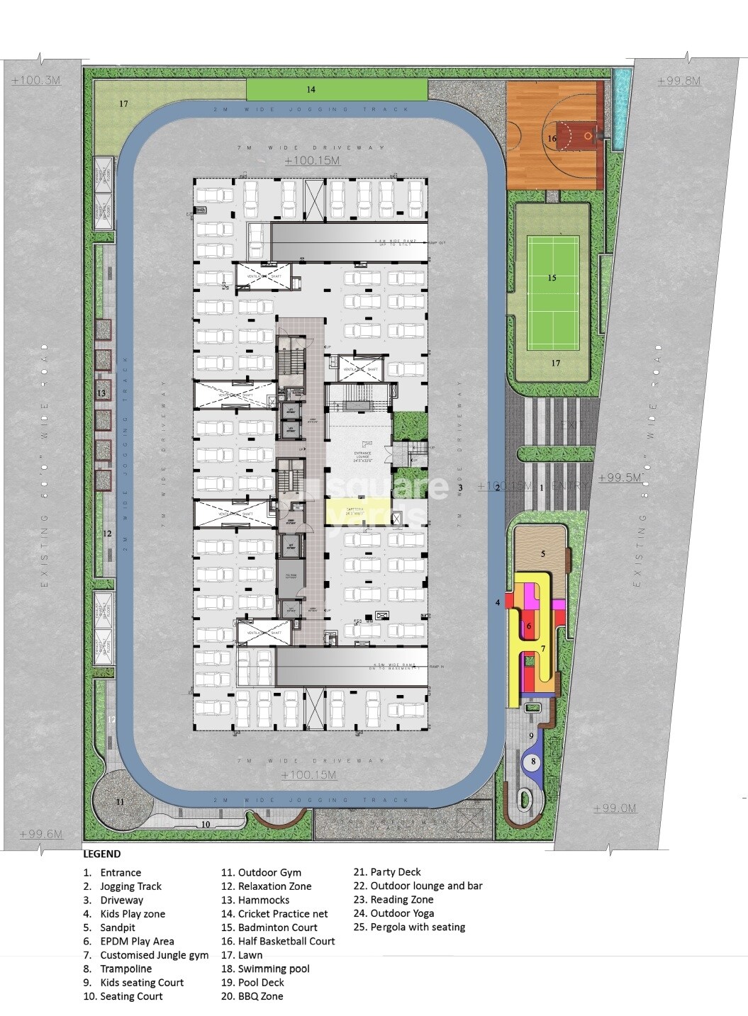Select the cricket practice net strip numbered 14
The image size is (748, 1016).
coord(337,89)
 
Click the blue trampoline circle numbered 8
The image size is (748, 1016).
coord(534,761)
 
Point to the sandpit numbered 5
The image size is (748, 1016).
coord(542,554)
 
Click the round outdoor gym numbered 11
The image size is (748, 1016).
coord(121,801)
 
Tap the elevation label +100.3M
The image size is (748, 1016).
coord(36,81)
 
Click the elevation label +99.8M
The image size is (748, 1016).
coord(679,81)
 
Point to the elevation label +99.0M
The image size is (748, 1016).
coord(615,808)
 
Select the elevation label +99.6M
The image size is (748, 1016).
coord(41,834)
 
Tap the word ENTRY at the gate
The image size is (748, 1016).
coord(572,486)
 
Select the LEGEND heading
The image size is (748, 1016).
coord(101,854)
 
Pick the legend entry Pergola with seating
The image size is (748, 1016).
coord(418,927)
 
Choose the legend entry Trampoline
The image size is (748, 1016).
coord(125,969)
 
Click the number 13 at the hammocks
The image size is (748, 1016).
coord(101,393)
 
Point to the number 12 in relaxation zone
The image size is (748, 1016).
coord(107,534)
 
